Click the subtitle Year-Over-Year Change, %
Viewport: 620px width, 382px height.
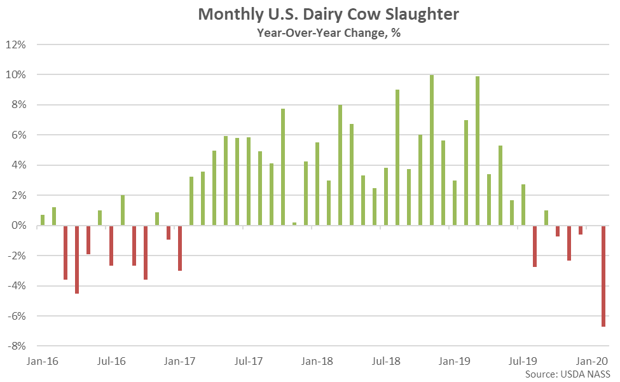(329, 33)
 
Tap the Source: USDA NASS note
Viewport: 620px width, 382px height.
(567, 374)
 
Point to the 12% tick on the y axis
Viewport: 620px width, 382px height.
(16, 44)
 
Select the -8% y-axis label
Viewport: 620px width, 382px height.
(16, 346)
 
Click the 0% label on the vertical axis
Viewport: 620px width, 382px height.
(19, 226)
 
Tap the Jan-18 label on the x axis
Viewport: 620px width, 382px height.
(317, 361)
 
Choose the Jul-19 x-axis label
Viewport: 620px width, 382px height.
(523, 361)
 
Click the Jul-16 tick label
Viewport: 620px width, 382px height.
(111, 361)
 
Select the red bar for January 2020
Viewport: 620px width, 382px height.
(603, 276)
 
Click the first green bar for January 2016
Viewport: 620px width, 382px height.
(43, 220)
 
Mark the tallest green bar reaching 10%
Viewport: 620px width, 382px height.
(432, 150)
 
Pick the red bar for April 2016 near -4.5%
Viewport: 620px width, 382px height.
(77, 259)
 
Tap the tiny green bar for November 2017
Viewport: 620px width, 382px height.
(294, 224)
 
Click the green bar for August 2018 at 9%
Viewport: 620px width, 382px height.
(397, 158)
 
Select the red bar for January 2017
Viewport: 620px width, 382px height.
(180, 248)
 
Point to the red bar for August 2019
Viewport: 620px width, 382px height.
(535, 246)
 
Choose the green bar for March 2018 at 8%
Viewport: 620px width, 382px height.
(340, 165)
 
